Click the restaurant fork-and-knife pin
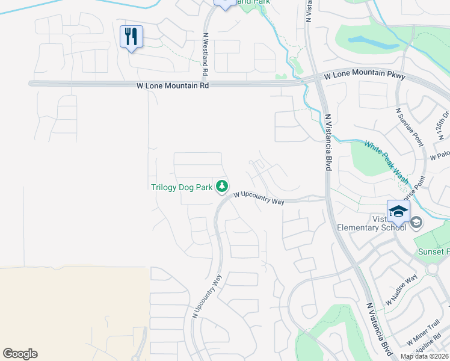[x=131, y=37]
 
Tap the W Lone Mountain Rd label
[x=172, y=87]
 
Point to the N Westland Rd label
[x=205, y=54]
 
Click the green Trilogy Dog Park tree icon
[x=223, y=187]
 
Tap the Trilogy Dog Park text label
[x=182, y=187]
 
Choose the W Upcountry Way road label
[x=259, y=198]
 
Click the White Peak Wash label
[x=386, y=162]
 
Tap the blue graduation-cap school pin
[x=398, y=211]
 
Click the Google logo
[x=20, y=354]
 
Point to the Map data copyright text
[x=425, y=356]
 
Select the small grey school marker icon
[x=416, y=224]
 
